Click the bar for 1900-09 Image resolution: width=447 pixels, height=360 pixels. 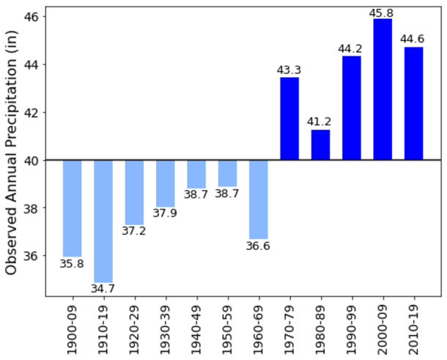coord(72,207)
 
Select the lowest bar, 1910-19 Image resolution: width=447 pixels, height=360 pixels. coord(103,221)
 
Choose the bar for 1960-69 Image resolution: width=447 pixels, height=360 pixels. coord(258,199)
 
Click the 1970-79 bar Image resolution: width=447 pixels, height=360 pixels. coord(289,118)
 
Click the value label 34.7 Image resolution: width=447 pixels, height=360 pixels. coord(103,289)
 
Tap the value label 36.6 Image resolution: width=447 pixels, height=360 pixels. coord(258,246)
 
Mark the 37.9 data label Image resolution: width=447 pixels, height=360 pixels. coord(165,214)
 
